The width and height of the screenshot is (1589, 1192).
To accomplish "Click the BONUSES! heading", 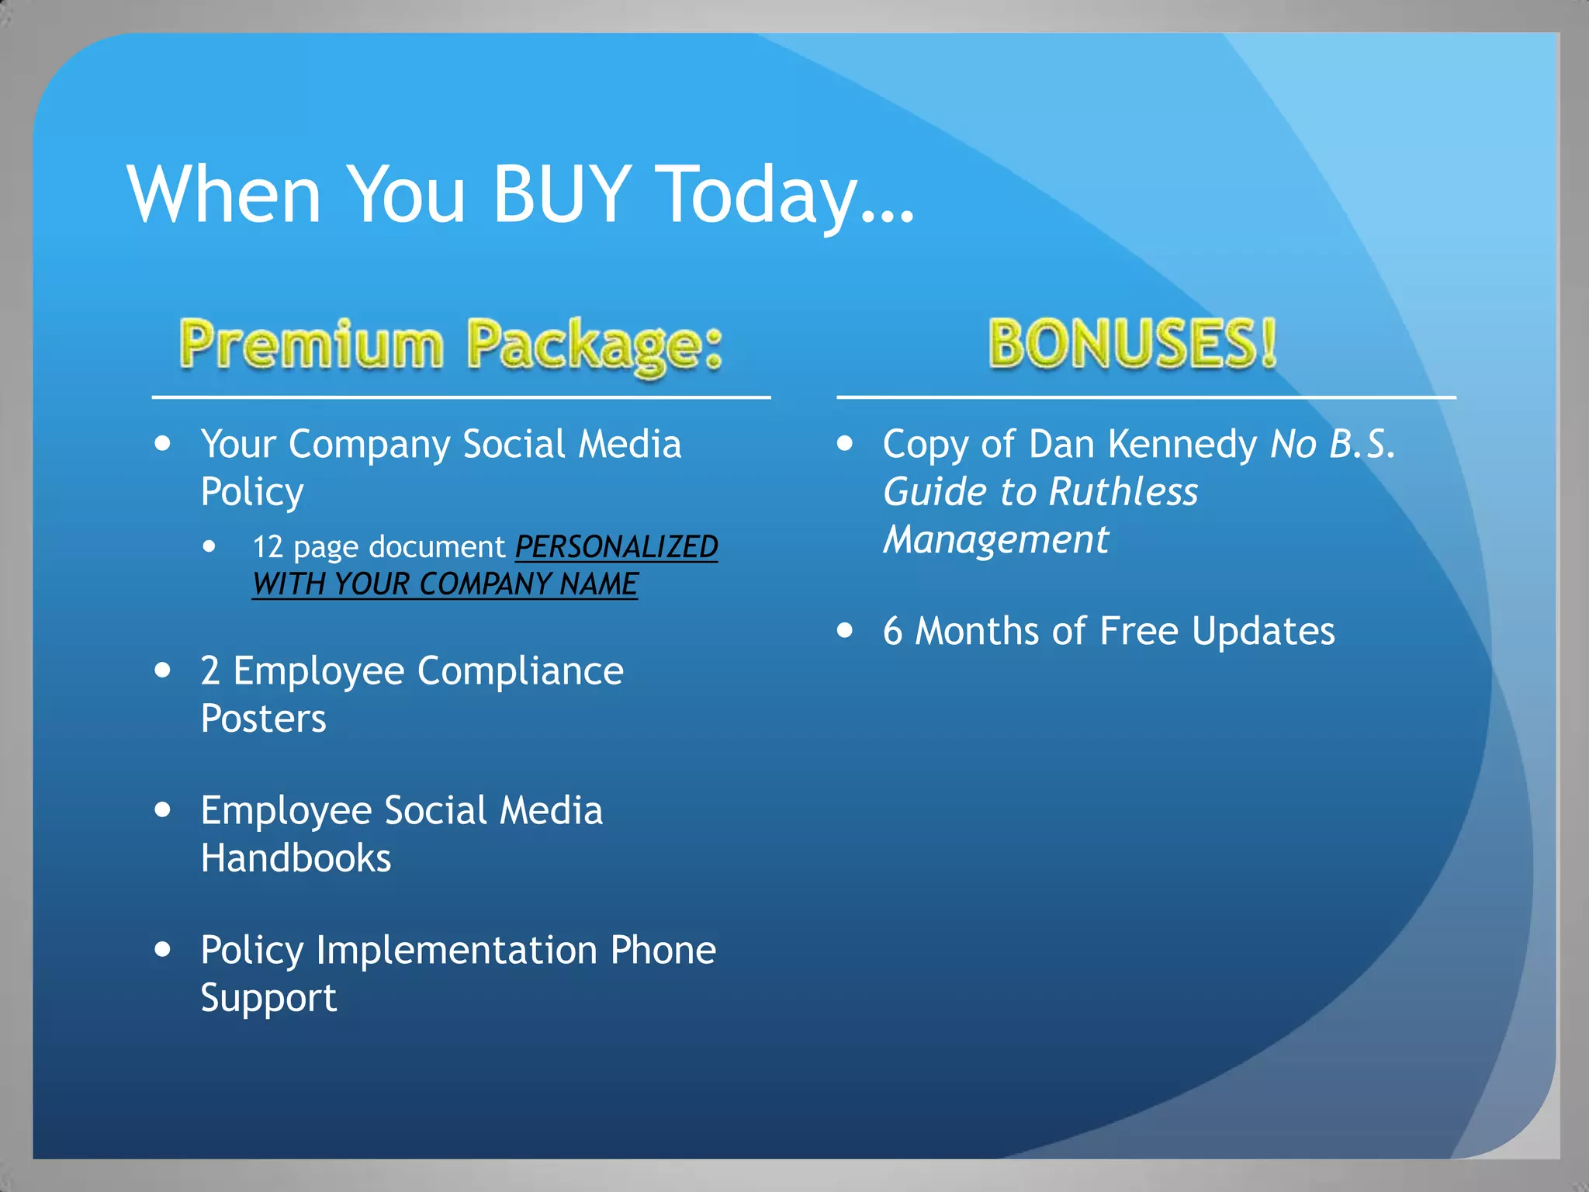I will click(1132, 344).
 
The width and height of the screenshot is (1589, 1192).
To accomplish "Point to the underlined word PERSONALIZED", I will click(617, 547).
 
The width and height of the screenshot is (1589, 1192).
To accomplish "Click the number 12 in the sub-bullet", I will click(268, 547).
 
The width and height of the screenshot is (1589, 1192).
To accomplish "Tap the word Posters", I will click(263, 719).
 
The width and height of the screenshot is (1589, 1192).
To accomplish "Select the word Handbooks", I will click(296, 858).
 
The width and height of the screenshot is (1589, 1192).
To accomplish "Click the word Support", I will click(268, 998).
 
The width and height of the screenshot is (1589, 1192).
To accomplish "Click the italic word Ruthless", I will click(1123, 492).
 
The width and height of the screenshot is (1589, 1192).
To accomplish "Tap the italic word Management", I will click(996, 539).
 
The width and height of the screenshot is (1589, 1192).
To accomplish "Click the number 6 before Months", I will click(892, 631).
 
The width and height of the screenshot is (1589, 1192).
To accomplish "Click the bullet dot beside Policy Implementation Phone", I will click(162, 949).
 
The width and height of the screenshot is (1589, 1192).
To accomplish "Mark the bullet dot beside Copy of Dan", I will click(845, 444).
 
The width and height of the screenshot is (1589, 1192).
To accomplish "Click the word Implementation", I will click(456, 951).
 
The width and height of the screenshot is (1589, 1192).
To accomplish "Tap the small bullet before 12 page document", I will click(209, 546).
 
